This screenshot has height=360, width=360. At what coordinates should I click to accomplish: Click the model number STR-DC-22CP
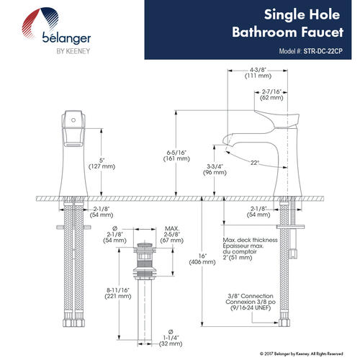point(323,51)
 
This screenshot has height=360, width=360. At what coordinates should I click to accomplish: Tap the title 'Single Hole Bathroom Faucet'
point(288,23)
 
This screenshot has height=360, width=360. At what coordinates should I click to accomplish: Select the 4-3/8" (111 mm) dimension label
point(258,73)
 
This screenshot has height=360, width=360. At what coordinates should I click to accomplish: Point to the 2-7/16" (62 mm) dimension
point(271,95)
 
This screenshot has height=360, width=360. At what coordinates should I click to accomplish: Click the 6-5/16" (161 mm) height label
point(176,156)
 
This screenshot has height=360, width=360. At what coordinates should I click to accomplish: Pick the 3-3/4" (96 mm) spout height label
point(215,169)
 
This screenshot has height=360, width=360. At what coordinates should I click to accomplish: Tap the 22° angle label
point(255,163)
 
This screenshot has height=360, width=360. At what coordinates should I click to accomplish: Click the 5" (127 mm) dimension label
point(102,163)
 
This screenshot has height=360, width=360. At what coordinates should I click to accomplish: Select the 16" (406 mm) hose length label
point(202,259)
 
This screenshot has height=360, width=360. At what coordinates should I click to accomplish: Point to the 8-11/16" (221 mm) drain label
point(118,293)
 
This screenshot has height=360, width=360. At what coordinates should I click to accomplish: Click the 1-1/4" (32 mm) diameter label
point(171,338)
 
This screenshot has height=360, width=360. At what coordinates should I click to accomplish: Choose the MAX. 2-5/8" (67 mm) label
point(172,234)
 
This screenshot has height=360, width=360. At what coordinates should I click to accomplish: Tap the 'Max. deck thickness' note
point(250,240)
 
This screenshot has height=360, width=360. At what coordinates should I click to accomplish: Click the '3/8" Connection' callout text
point(251,296)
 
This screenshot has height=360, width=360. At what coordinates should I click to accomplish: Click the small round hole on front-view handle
point(73,120)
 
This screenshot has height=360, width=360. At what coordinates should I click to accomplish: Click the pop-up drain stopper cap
point(145,245)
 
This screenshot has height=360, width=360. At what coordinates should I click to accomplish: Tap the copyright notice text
point(301,354)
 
